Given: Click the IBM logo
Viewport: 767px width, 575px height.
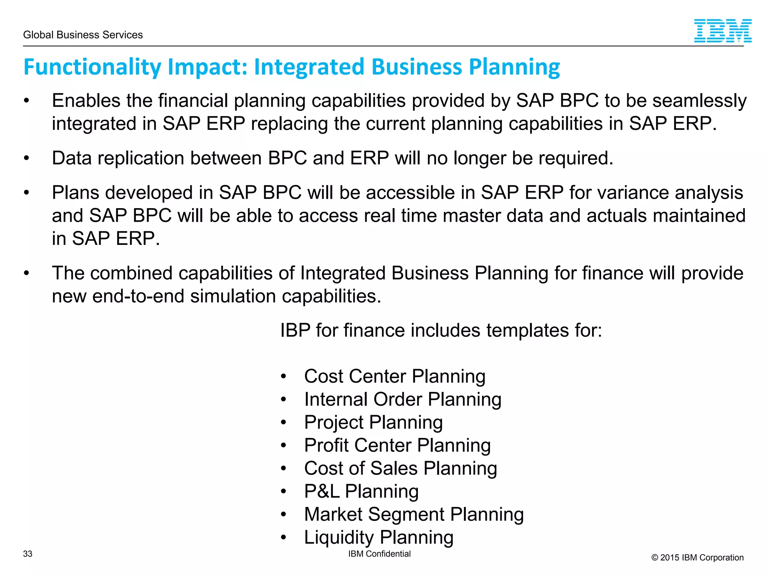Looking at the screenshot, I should click(x=722, y=31).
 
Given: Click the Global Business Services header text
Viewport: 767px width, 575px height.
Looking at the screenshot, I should click(x=83, y=35).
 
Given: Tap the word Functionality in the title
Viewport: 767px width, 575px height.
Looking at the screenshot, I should click(x=92, y=67).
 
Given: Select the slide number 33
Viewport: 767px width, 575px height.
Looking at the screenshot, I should click(x=28, y=554).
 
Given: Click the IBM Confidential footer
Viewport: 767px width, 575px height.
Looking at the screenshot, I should click(x=379, y=554).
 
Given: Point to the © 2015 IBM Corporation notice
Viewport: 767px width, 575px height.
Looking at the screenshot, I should click(x=697, y=557).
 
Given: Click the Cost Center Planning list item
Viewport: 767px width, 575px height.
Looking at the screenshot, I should click(x=394, y=376).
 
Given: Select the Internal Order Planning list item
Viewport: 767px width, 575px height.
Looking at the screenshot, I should click(x=403, y=399).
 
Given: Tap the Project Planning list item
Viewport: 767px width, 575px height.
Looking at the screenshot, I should click(x=373, y=422).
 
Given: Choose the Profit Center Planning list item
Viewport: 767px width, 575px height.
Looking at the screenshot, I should click(x=397, y=445).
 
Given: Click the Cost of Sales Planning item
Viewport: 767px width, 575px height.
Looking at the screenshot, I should click(x=400, y=468).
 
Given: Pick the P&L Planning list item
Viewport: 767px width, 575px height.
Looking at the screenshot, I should click(x=361, y=491).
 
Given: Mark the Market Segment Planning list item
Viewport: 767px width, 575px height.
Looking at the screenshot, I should click(x=414, y=514).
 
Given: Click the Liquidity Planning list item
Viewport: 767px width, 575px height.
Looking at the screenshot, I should click(x=379, y=537).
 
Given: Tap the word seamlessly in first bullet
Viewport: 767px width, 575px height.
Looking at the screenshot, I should click(x=699, y=101).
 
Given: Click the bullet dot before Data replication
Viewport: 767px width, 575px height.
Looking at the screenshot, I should click(x=26, y=158).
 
